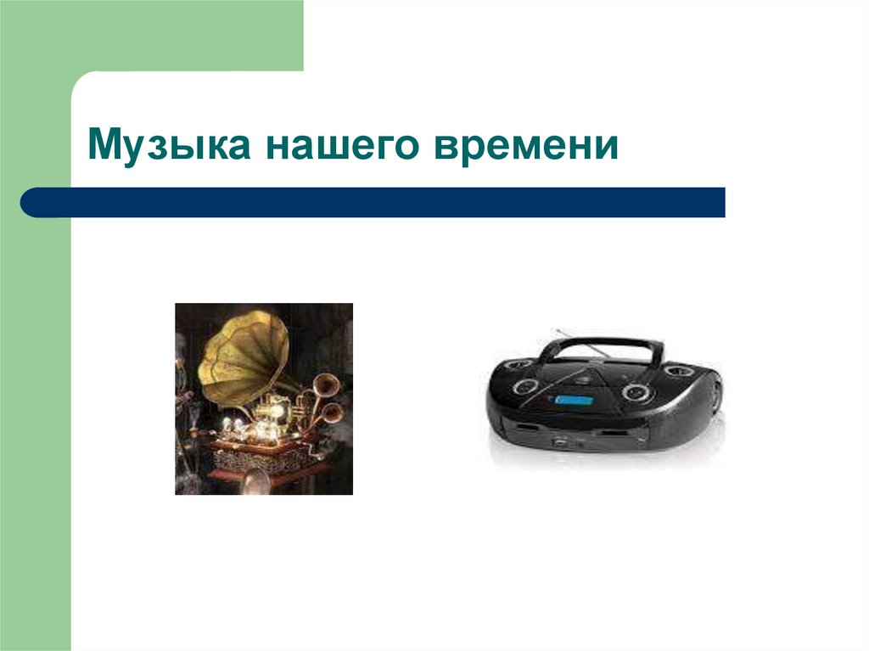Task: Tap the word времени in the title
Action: pyautogui.click(x=528, y=146)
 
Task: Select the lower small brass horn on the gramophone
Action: pyautogui.click(x=333, y=413)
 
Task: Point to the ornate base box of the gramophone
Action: pyautogui.click(x=255, y=458)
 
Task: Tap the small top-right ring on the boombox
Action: pyautogui.click(x=679, y=372)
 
